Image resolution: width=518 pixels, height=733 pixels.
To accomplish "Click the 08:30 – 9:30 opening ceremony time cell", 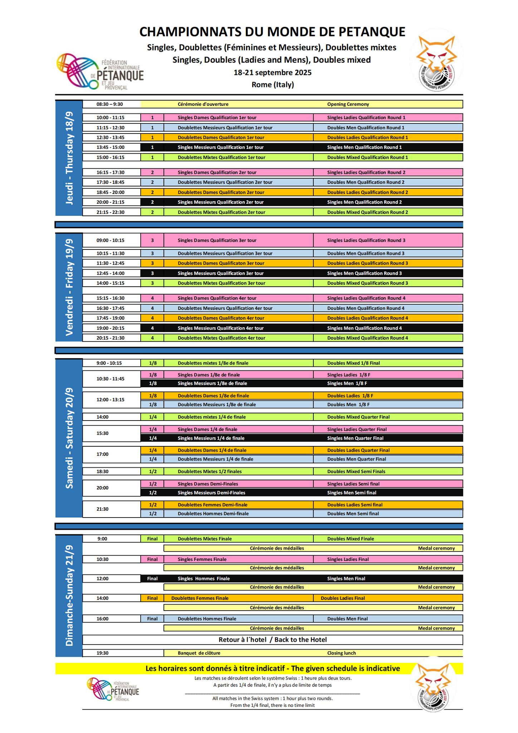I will pyautogui.click(x=109, y=104).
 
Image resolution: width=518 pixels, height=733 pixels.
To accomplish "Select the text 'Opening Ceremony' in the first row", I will pyautogui.click(x=348, y=104).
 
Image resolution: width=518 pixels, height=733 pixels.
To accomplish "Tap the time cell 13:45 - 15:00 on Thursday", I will pyautogui.click(x=111, y=147).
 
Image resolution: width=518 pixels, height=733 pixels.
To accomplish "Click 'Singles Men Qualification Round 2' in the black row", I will pyautogui.click(x=364, y=202).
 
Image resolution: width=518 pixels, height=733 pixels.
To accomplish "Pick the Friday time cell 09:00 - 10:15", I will pyautogui.click(x=111, y=240).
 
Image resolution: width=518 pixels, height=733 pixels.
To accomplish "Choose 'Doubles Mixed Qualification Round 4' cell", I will pyautogui.click(x=367, y=338).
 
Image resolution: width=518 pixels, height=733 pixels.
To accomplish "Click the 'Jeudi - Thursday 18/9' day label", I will pyautogui.click(x=69, y=158).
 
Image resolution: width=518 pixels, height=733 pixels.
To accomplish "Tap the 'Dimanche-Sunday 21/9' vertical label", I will pyautogui.click(x=69, y=595).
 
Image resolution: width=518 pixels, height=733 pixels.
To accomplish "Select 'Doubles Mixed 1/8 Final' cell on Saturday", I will pyautogui.click(x=353, y=363).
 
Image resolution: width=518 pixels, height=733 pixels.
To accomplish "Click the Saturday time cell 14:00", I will pyautogui.click(x=103, y=417).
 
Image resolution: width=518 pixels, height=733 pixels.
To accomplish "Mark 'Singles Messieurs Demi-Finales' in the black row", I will pyautogui.click(x=211, y=493).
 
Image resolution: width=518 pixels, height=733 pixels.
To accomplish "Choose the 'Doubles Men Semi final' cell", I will pyautogui.click(x=353, y=514).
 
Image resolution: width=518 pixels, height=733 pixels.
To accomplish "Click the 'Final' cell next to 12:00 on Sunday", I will pyautogui.click(x=152, y=578).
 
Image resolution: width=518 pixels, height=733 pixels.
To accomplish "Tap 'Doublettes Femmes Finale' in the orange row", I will pyautogui.click(x=200, y=598).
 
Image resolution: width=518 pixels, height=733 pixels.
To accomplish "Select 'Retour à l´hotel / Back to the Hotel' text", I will pyautogui.click(x=273, y=640).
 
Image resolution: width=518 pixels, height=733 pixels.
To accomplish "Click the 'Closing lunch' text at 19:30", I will pyautogui.click(x=341, y=653).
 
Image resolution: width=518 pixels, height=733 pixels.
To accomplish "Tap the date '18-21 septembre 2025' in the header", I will pyautogui.click(x=273, y=73).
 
